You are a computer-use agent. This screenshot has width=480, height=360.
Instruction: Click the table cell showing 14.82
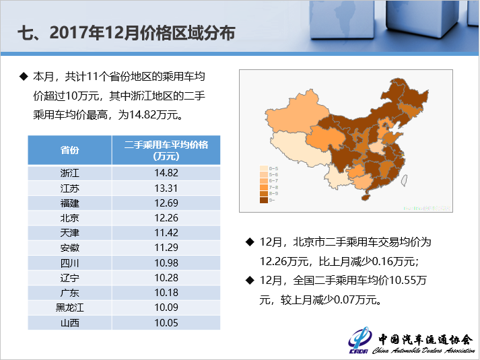(x=166, y=173)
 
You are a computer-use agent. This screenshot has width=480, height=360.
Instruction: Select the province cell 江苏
(x=69, y=188)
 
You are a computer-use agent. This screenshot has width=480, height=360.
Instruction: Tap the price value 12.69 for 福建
(x=166, y=203)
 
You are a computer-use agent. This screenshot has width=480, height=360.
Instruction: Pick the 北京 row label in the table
(x=69, y=217)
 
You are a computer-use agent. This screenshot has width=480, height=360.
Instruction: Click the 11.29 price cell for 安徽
(x=166, y=247)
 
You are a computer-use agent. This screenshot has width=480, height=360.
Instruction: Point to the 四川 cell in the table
(x=69, y=262)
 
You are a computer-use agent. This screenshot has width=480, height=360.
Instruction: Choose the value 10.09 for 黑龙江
(x=166, y=308)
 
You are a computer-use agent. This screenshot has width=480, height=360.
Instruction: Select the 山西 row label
(x=69, y=322)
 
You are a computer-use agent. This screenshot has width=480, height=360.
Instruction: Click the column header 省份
(x=69, y=150)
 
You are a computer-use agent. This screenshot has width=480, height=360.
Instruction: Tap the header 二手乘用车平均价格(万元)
(x=166, y=150)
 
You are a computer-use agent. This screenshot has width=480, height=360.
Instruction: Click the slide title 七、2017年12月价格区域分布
(x=125, y=32)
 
